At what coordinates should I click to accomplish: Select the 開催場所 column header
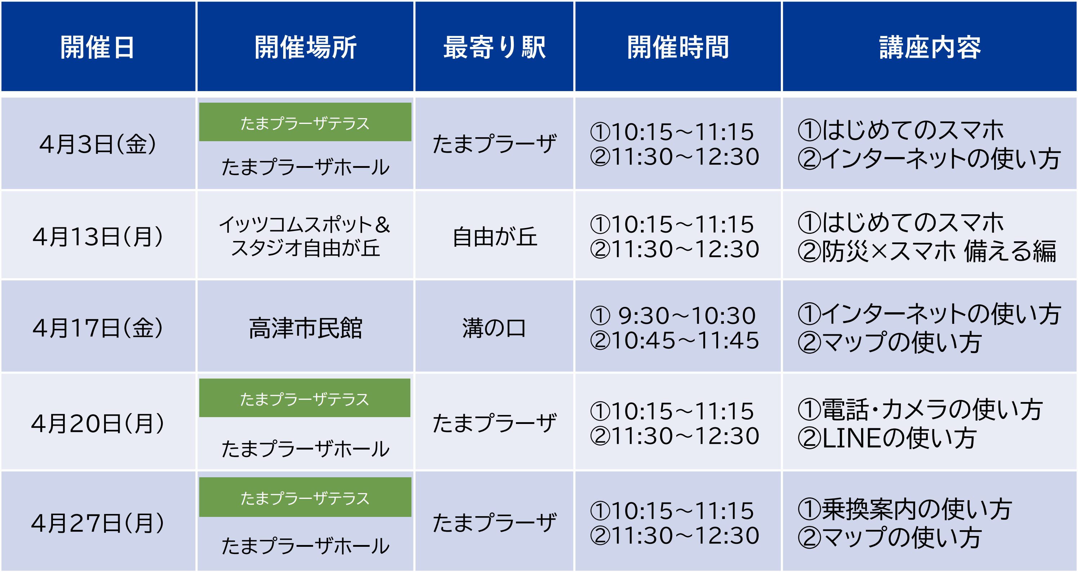click(x=305, y=47)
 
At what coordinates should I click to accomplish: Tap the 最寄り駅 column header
click(x=494, y=47)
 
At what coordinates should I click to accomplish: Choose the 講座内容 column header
click(x=930, y=47)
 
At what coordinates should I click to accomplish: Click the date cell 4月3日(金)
click(x=98, y=144)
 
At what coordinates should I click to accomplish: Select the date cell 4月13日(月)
click(x=98, y=236)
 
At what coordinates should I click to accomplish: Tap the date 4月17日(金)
click(x=98, y=328)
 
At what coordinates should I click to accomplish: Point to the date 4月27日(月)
click(x=98, y=523)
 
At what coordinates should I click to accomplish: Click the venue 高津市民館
click(x=305, y=328)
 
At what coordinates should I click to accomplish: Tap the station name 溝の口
click(x=494, y=328)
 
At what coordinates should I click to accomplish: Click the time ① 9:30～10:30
click(x=673, y=316)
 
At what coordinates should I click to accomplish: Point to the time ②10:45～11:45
click(x=674, y=340)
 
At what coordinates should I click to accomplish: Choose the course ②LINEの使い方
click(x=886, y=438)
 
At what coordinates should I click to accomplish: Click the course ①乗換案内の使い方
click(x=904, y=509)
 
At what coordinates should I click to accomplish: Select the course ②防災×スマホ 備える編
click(x=927, y=251)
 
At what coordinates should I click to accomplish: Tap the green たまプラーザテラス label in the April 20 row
click(x=305, y=398)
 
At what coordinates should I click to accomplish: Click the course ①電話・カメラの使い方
click(x=920, y=409)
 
